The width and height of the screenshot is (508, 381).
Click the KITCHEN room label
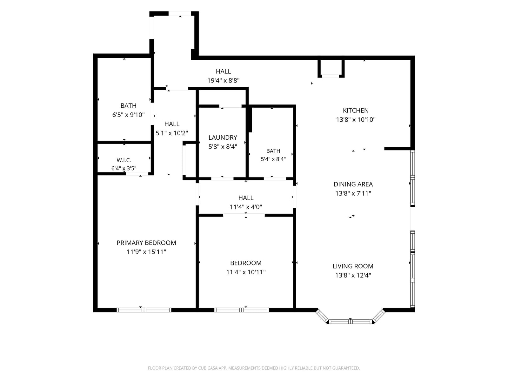356,110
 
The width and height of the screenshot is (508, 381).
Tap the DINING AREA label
353,184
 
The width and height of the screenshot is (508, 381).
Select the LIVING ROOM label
353,266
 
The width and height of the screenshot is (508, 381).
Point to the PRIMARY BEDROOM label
146,243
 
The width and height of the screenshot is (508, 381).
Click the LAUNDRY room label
223,138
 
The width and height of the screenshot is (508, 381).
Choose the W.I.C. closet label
124,160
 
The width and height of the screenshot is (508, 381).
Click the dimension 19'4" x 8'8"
223,81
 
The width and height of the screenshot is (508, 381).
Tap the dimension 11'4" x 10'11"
246,272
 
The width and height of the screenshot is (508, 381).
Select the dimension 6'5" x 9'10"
129,115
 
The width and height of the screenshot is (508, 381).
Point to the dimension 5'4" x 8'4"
273,159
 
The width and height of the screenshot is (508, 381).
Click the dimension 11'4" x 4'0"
246,207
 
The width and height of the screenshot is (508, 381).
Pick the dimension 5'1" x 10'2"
172,133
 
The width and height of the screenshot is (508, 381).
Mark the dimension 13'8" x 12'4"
353,275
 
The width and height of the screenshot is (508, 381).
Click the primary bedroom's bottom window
144,310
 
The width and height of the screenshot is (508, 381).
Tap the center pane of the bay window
351,322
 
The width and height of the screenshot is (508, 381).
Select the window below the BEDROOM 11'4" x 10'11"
241,310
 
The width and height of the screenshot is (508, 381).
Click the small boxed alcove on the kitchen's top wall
331,69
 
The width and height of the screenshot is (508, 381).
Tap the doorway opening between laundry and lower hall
222,179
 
